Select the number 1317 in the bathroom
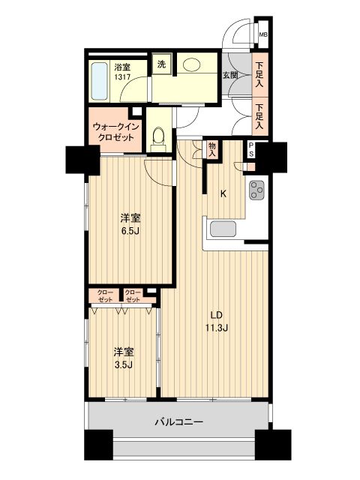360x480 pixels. point(122,76)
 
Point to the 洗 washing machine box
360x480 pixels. point(161,64)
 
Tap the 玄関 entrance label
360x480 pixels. point(229,75)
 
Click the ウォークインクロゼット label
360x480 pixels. point(115,132)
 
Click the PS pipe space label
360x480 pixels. point(250,150)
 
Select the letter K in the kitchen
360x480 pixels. point(223,193)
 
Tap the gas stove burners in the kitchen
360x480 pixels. point(257,190)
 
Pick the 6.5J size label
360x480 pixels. point(130,231)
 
